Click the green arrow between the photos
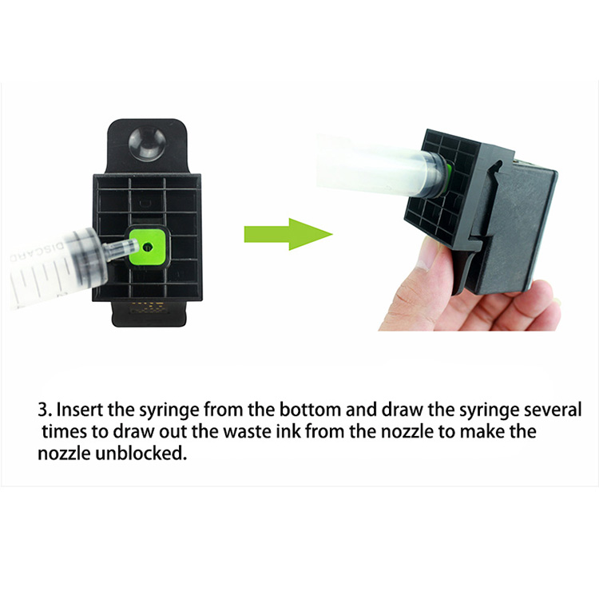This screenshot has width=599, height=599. [x=288, y=234]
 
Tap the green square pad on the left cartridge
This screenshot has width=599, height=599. [x=148, y=247]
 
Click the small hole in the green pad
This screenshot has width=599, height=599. [x=147, y=248]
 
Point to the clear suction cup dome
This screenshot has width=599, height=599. [x=147, y=143]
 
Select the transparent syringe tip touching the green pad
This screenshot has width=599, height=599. [x=121, y=249]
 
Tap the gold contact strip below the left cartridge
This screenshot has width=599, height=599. [x=149, y=307]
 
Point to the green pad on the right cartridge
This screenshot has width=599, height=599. [x=448, y=177]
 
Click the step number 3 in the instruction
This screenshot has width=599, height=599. [x=43, y=410]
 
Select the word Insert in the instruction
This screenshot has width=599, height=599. [x=80, y=410]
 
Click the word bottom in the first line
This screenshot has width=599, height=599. [x=310, y=410]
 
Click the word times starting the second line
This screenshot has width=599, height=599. [x=64, y=431]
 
